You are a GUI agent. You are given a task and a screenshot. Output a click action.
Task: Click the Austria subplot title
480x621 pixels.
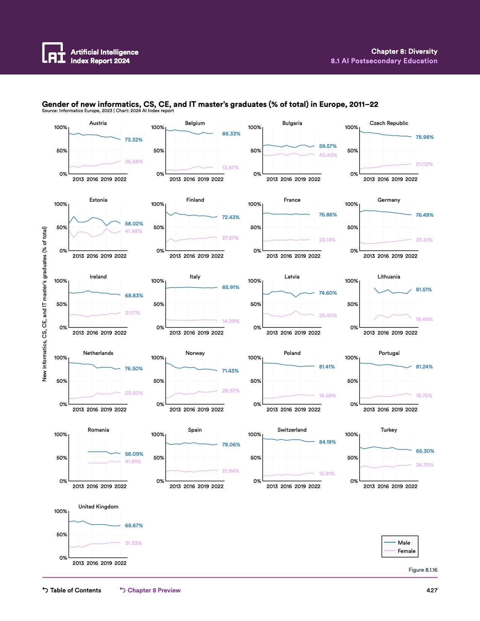[98, 123]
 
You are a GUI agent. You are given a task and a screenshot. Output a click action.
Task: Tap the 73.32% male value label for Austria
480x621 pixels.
[134, 140]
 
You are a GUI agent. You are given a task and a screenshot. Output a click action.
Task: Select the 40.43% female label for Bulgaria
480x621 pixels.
[328, 155]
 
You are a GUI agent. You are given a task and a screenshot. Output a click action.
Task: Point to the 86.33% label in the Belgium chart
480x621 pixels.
[231, 134]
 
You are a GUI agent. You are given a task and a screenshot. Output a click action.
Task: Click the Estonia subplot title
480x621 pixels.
[98, 200]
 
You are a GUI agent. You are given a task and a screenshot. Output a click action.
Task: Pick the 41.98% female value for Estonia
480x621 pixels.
[134, 231]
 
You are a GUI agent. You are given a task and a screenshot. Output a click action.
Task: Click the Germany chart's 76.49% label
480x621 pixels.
[425, 215]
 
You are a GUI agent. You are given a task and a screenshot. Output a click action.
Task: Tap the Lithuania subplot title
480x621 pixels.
[389, 277]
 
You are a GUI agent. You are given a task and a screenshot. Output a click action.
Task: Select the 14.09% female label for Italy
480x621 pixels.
[231, 321]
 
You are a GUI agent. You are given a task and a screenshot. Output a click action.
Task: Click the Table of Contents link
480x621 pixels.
[72, 590]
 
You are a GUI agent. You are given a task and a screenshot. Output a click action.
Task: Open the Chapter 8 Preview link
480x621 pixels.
[150, 590]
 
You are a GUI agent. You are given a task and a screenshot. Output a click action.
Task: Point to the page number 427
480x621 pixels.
[432, 590]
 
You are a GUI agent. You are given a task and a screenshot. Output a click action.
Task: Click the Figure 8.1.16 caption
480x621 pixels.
[423, 570]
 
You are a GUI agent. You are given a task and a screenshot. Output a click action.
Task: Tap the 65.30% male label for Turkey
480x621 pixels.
[425, 451]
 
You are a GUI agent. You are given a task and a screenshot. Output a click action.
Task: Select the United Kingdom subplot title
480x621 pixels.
[98, 507]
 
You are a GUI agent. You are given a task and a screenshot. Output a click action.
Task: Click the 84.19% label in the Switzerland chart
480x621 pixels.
[328, 442]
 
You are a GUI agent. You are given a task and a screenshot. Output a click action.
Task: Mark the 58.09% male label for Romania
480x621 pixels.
[134, 454]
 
